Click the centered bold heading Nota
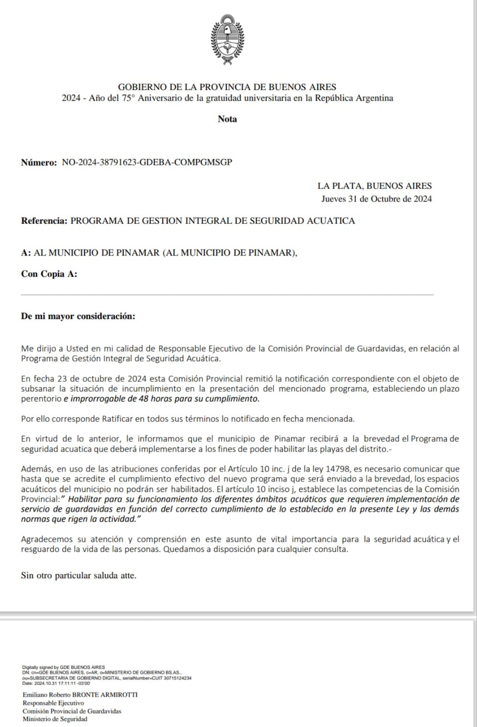pos(227,119)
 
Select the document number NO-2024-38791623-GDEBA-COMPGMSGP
pos(147,162)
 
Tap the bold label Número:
pos(39,162)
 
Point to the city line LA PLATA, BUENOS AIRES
pos(375,186)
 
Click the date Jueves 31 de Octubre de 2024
pos(376,199)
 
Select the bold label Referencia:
pos(44,221)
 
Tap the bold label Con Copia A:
pos(49,274)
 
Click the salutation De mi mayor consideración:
pos(78,316)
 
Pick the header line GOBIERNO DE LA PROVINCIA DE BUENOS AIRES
pos(227,87)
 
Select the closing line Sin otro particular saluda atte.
pos(79,576)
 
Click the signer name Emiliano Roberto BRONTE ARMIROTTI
pos(80,695)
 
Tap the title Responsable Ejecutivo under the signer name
pos(53,703)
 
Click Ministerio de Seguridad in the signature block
pos(55,719)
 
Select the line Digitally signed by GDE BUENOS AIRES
pos(64,667)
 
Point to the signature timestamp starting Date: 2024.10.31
pos(57,683)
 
